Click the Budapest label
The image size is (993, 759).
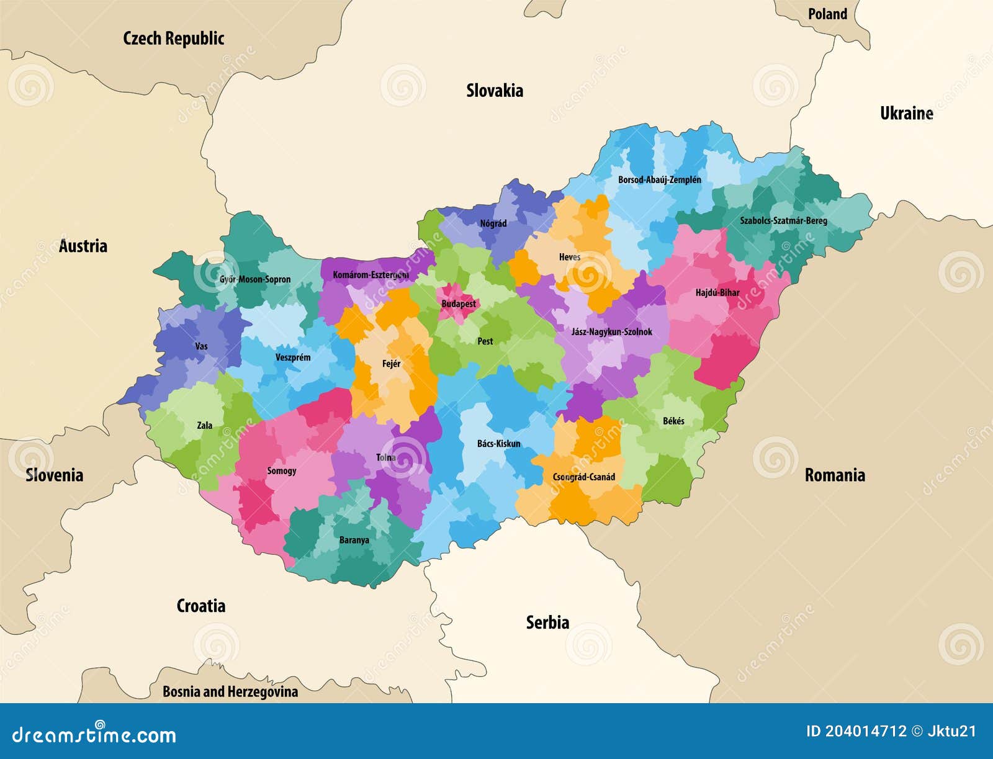coord(459,304)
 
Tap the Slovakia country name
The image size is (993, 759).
coord(495,91)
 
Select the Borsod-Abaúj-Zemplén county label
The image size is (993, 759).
coord(659,180)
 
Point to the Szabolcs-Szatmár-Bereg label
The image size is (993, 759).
coord(783,220)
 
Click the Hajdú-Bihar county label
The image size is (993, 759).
coord(717,292)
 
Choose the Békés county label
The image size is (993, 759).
coord(673,421)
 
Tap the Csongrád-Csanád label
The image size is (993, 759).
coord(584,477)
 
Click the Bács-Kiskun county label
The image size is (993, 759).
coord(498,444)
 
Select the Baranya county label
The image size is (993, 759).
coord(354,540)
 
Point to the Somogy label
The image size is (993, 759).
coord(282,470)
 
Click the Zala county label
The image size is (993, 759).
coord(204,425)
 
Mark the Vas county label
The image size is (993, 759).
coord(201,346)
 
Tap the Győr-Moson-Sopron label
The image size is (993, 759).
coord(254,279)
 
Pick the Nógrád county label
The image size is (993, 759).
coord(493,223)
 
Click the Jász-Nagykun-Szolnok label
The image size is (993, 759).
coord(611,332)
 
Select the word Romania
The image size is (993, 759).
coord(835,475)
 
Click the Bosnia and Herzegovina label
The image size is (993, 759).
coord(230,691)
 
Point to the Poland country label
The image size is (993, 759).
coord(827,14)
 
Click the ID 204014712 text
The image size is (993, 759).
coord(856,731)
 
